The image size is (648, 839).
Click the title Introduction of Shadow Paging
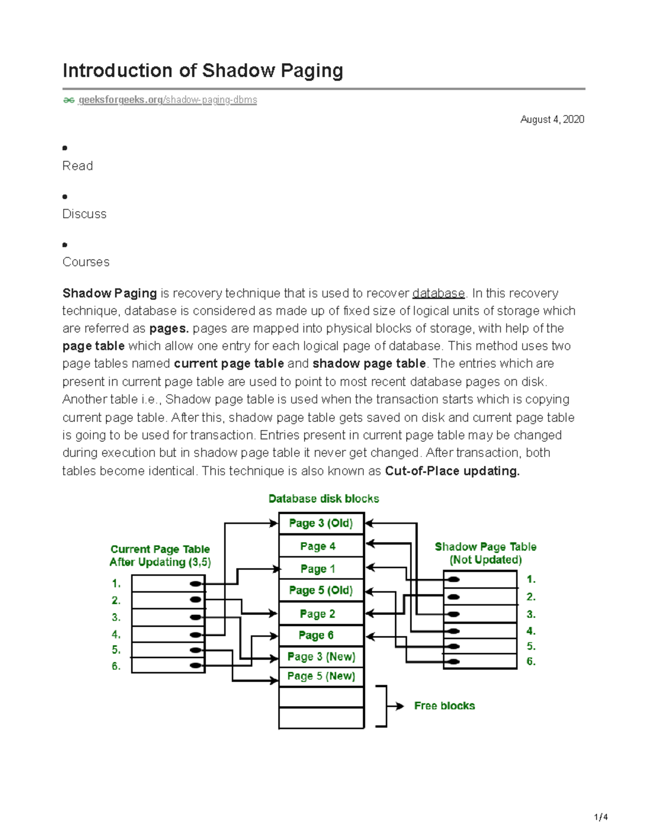[202, 71]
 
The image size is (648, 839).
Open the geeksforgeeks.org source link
[167, 100]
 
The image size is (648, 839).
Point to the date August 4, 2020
[552, 119]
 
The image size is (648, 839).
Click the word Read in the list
[78, 166]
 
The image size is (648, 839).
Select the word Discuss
[84, 214]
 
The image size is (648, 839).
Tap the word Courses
[86, 262]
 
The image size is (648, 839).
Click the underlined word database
[438, 293]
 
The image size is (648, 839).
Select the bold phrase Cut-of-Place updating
[452, 471]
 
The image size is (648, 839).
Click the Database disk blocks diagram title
[323, 499]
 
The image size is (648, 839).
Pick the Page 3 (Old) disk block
[321, 523]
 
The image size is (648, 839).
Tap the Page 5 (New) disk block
[321, 676]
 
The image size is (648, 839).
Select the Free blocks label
[444, 706]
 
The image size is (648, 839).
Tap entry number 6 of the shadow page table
[480, 662]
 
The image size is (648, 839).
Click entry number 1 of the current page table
[168, 583]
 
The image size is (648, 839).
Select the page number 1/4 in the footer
[600, 817]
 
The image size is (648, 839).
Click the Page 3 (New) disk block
[321, 657]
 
